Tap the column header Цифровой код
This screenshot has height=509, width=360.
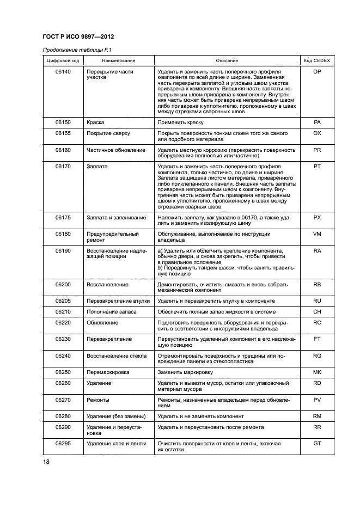pyautogui.click(x=63, y=60)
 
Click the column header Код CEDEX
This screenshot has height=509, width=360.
pyautogui.click(x=317, y=60)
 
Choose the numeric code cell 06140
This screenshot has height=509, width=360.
pyautogui.click(x=63, y=72)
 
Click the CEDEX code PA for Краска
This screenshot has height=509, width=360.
pyautogui.click(x=317, y=122)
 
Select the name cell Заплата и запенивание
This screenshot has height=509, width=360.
pyautogui.click(x=117, y=218)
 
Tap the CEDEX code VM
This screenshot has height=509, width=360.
pyautogui.click(x=317, y=234)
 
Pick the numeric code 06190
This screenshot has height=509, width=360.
pyautogui.click(x=63, y=250)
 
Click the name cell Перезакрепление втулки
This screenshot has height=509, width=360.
pyautogui.click(x=118, y=301)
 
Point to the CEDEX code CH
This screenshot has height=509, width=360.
pyautogui.click(x=317, y=312)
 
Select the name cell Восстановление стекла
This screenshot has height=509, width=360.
pyautogui.click(x=117, y=355)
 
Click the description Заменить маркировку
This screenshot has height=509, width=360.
pyautogui.click(x=185, y=372)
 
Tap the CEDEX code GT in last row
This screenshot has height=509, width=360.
pyautogui.click(x=317, y=444)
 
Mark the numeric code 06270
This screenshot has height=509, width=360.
pyautogui.click(x=63, y=400)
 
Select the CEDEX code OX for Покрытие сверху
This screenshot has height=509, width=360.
pyautogui.click(x=317, y=133)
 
